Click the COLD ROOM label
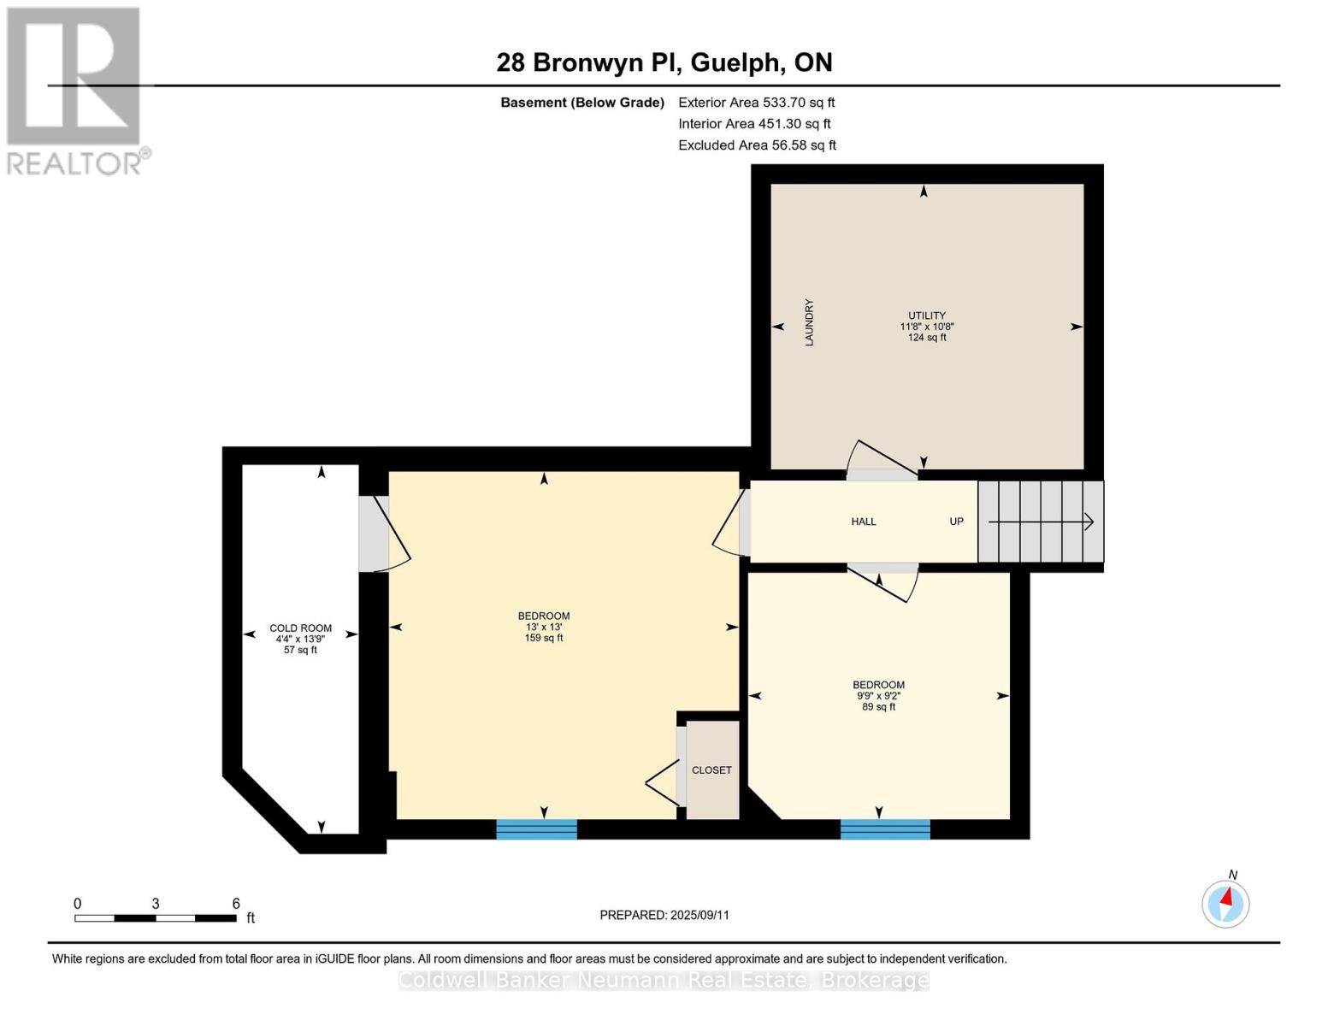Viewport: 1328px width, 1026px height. point(300,628)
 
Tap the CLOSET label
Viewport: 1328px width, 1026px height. point(711,770)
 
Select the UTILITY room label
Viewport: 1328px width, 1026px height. point(927,315)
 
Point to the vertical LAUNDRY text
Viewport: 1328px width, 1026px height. point(809,322)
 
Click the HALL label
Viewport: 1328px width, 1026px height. point(864,522)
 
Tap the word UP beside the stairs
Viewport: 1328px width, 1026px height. point(956,522)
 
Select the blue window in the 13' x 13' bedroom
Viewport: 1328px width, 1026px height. point(537,829)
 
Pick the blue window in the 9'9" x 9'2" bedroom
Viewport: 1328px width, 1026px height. point(885,829)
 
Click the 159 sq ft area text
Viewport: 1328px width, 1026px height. point(544,638)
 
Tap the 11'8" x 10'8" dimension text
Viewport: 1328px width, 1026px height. point(927,327)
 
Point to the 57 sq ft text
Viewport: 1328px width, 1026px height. point(300,650)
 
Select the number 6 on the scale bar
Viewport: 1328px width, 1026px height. point(236,903)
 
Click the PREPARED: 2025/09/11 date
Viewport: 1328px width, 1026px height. point(664,915)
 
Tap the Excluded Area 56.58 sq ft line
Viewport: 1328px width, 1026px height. point(757,145)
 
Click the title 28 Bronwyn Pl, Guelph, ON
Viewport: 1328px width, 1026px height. point(664,62)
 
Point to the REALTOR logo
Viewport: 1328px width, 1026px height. point(75,90)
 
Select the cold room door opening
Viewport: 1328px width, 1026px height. point(373,534)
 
